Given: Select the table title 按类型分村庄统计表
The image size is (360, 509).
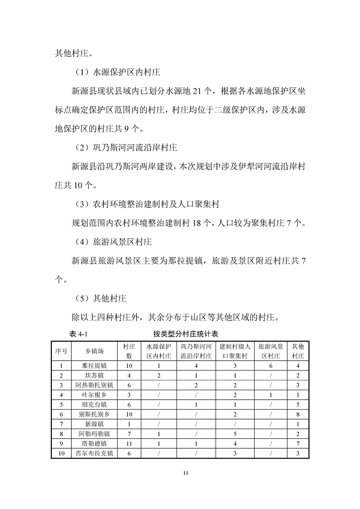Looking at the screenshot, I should [x=186, y=334].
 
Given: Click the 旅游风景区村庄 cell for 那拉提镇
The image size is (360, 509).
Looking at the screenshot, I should [x=270, y=366].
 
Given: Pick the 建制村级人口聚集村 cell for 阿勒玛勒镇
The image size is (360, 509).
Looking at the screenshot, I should [x=235, y=434].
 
